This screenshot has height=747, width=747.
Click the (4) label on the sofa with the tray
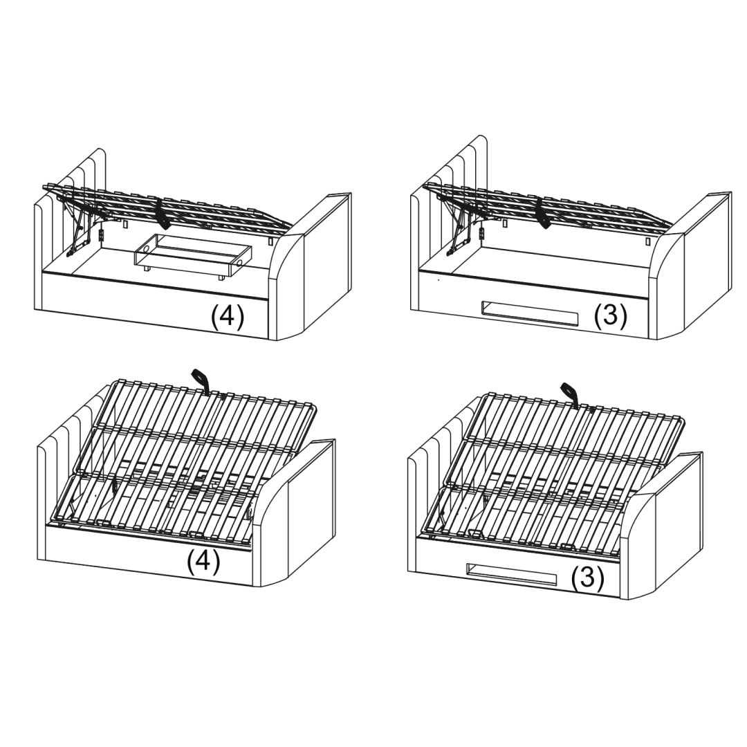[228, 317]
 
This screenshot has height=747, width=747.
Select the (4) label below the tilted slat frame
[203, 561]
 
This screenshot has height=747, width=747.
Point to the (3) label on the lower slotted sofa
[588, 578]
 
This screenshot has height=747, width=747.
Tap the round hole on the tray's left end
[145, 249]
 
